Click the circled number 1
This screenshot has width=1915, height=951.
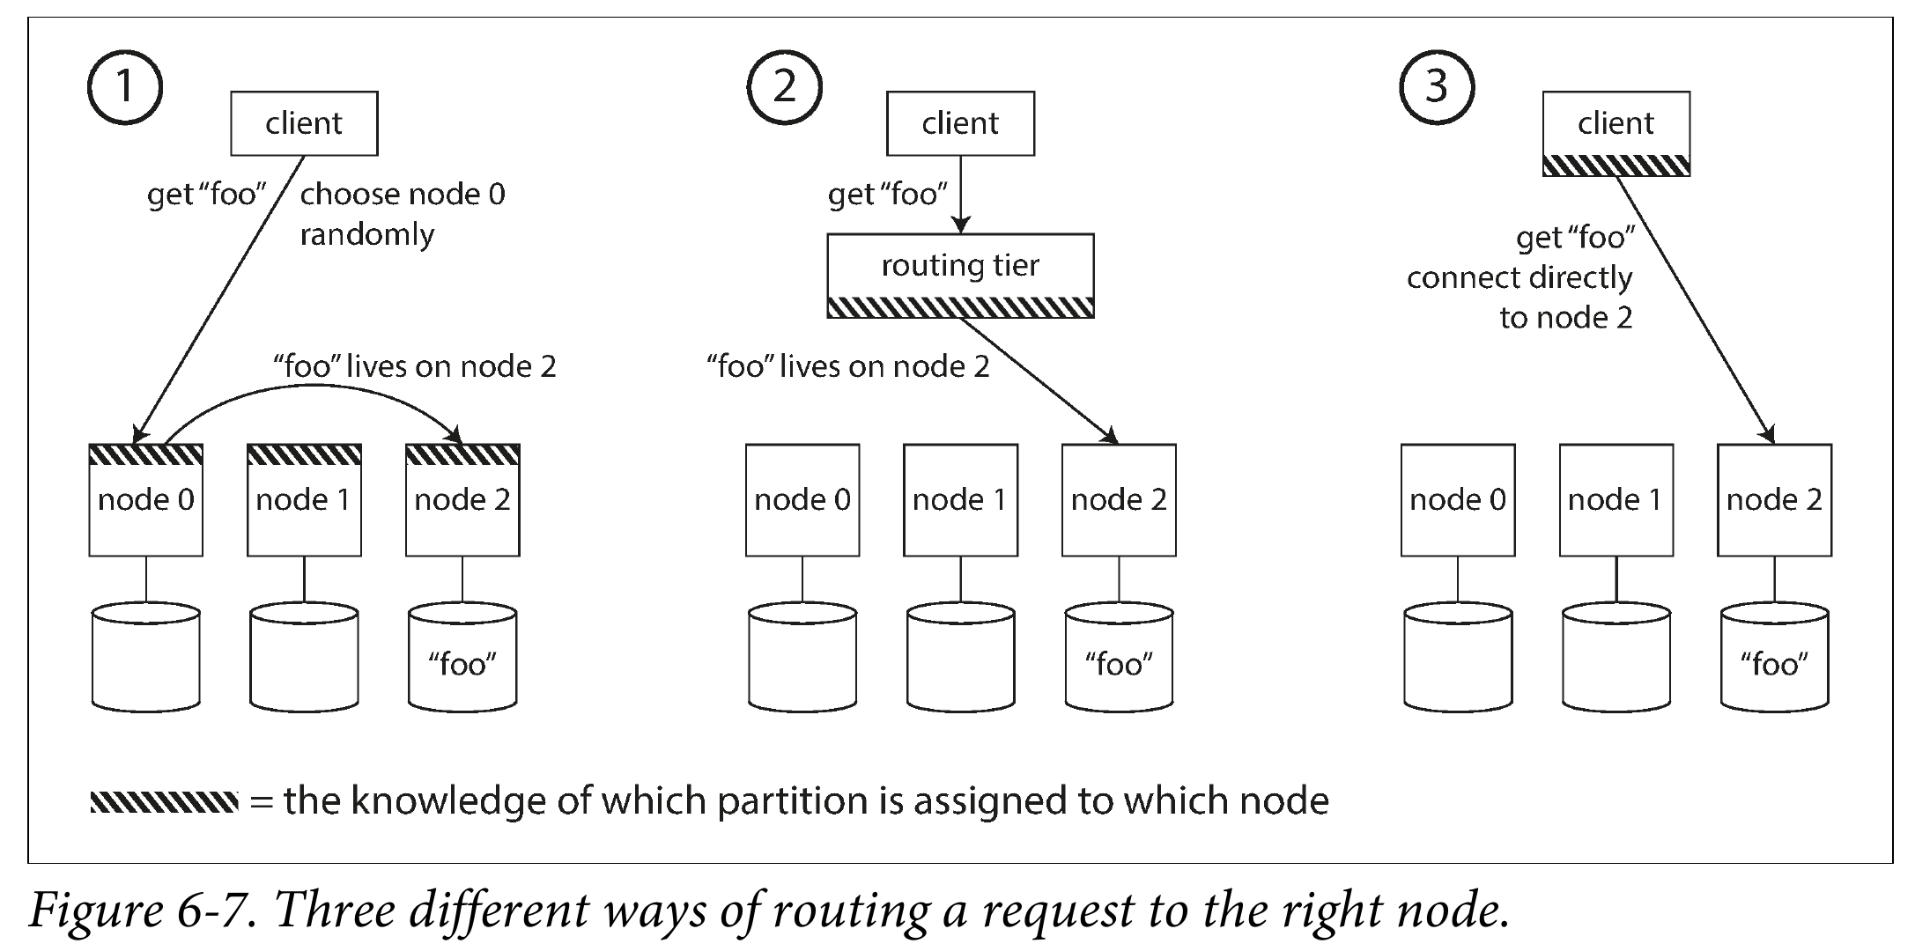pos(125,86)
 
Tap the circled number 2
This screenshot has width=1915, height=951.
pos(784,86)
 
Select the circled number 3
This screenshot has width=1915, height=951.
pos(1437,86)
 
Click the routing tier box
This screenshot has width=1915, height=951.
pos(960,275)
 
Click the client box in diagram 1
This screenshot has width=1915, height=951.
pos(304,123)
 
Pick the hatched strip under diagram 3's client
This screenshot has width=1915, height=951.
pos(1616,166)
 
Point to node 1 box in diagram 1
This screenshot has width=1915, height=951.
pos(304,500)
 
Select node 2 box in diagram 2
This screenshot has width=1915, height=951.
pos(1119,500)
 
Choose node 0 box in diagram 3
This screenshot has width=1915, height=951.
pos(1458,500)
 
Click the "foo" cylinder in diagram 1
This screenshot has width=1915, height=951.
pos(462,657)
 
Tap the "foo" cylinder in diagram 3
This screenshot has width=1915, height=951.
pos(1774,657)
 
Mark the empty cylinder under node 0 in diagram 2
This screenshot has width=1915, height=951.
pos(802,657)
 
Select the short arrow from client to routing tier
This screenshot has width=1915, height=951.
pos(961,195)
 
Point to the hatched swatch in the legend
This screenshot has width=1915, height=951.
pos(164,802)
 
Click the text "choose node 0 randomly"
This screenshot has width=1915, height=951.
pos(403,214)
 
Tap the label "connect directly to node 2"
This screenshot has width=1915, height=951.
pos(1519,298)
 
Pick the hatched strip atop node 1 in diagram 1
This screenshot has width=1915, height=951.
pos(304,454)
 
